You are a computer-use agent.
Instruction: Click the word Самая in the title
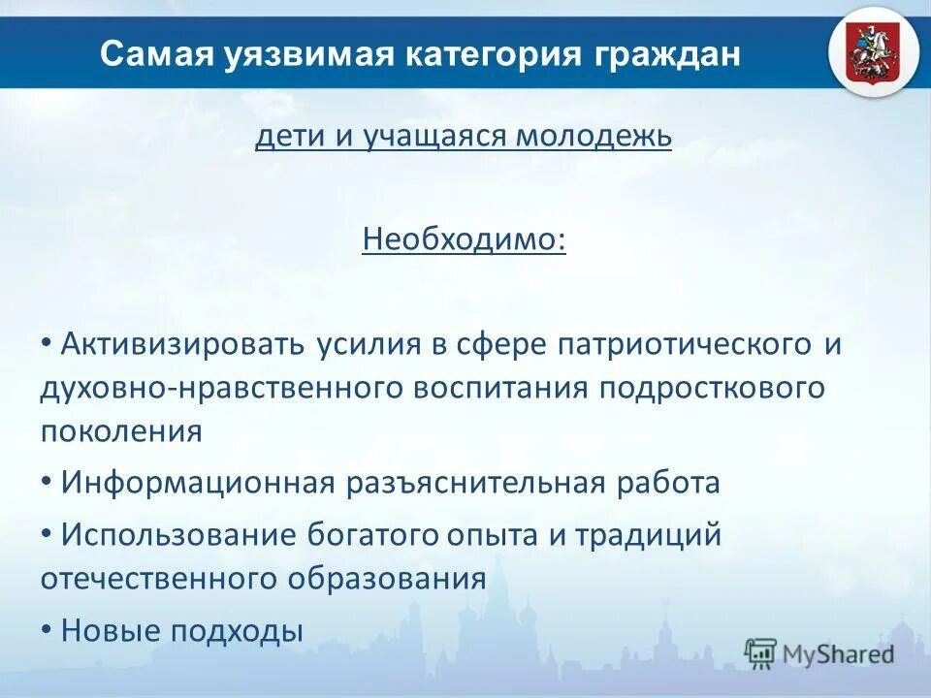(149, 53)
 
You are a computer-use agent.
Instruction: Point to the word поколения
(121, 430)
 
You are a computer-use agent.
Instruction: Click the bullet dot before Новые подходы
(47, 629)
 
